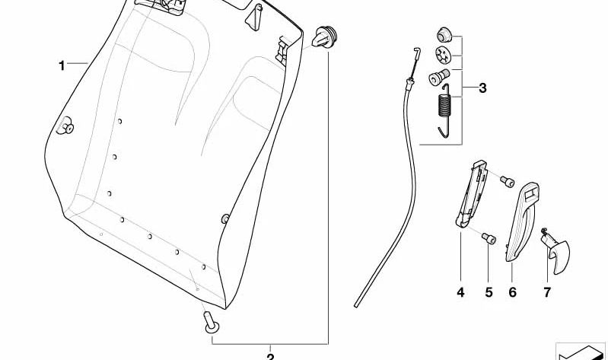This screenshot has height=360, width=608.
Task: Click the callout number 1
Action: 62,65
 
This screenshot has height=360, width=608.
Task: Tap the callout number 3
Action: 482,88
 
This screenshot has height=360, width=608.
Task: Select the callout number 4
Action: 460,292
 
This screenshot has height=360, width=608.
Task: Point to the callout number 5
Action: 488,292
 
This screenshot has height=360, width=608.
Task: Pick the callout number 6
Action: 512,292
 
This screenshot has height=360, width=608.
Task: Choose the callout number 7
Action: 546,292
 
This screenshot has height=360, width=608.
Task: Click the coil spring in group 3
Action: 446,110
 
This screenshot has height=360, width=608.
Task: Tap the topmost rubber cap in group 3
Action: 443,35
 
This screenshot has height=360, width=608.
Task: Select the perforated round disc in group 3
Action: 443,55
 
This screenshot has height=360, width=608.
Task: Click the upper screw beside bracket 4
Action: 508,180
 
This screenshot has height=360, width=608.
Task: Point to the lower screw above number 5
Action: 487,241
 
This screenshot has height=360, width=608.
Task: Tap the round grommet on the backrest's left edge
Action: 65,127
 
